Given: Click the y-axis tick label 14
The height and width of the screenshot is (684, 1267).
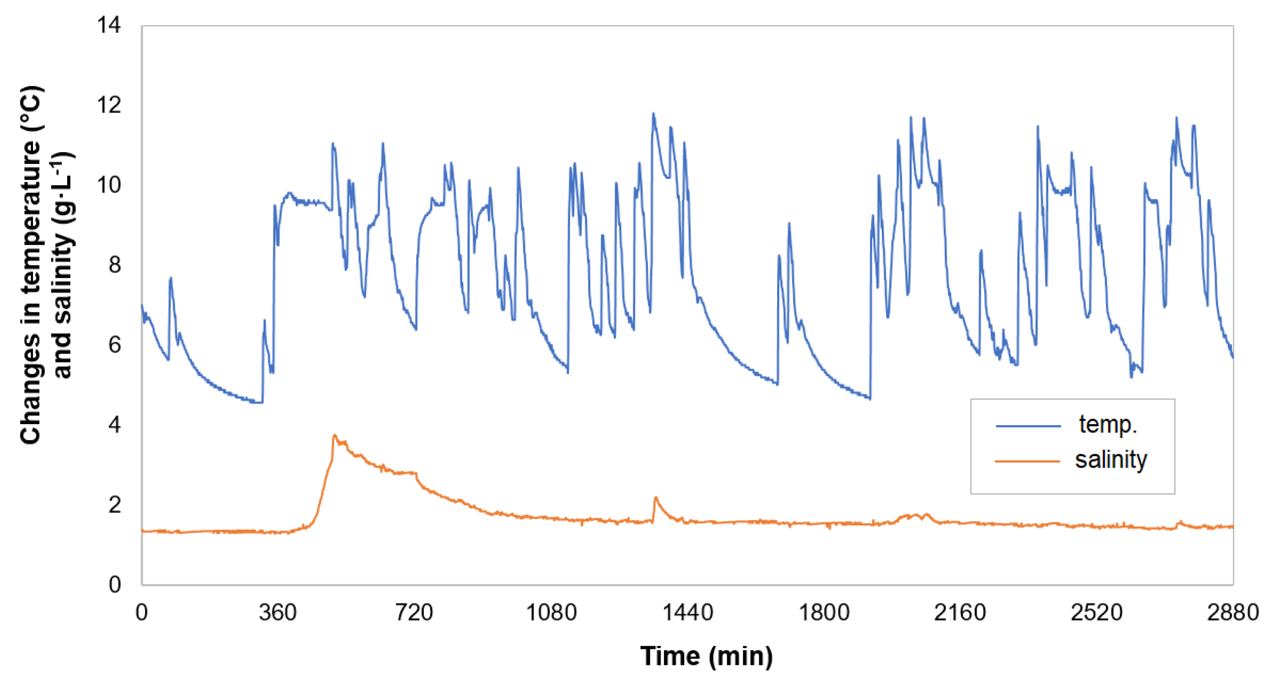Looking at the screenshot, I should (109, 25).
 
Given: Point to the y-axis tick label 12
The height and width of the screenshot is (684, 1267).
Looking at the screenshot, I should (109, 105).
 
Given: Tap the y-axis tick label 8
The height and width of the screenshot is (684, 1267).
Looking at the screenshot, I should (114, 265).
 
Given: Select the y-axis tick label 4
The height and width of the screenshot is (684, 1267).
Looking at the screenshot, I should (114, 425).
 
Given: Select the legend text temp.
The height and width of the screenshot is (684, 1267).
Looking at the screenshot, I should (1108, 424).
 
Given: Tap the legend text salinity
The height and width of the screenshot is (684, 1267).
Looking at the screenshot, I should (1111, 460).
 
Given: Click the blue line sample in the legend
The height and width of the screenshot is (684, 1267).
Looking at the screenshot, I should (1028, 426).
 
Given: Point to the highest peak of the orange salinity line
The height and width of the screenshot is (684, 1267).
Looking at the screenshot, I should (334, 435).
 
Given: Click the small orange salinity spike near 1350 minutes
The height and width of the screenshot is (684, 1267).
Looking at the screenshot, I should (656, 498).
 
